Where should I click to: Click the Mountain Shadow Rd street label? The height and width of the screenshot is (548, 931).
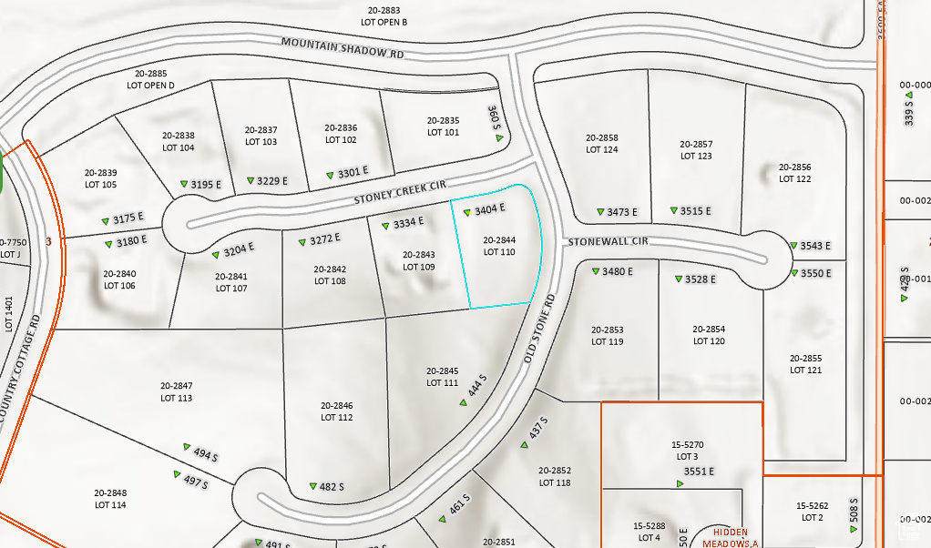pyautogui.click(x=342, y=47)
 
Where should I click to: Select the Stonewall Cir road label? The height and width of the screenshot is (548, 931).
pyautogui.click(x=608, y=242)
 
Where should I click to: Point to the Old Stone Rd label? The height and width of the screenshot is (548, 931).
pyautogui.click(x=540, y=330)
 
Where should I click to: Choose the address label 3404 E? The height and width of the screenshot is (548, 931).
pyautogui.click(x=489, y=210)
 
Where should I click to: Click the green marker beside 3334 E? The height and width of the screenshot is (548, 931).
pyautogui.click(x=385, y=224)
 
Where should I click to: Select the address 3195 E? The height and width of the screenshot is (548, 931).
pyautogui.click(x=206, y=185)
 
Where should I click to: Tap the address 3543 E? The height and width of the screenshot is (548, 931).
pyautogui.click(x=815, y=246)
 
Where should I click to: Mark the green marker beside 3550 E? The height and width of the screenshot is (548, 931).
pyautogui.click(x=793, y=273)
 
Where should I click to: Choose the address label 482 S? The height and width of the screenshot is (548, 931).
pyautogui.click(x=332, y=487)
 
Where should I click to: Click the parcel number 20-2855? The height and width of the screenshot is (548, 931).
pyautogui.click(x=805, y=359)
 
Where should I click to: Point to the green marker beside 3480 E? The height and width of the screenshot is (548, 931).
pyautogui.click(x=595, y=271)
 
